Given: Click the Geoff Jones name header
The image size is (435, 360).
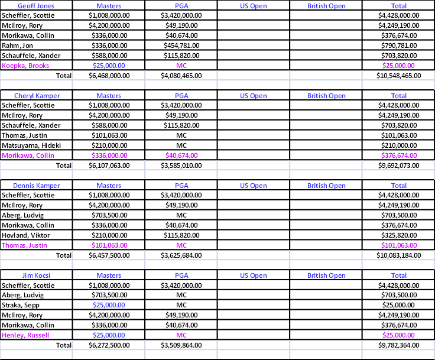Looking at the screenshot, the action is (36, 6).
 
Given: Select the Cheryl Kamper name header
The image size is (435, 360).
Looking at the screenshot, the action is (37, 96).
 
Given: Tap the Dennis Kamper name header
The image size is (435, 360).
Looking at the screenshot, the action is (36, 186).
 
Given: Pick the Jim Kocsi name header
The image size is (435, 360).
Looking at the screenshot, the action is (36, 275).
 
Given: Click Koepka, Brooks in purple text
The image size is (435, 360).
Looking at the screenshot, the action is (25, 66).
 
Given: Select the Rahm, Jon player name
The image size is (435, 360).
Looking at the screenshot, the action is (17, 46).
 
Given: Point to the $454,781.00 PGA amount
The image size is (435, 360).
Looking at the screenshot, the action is (181, 46).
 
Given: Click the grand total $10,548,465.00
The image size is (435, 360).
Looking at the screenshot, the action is (399, 76).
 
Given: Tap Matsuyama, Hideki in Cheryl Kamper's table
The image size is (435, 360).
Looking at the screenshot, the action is (31, 145).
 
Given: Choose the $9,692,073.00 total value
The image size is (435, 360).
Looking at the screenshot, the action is (399, 166).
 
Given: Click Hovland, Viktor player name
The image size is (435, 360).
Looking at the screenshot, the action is (26, 235).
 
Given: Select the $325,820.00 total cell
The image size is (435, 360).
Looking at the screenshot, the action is (399, 235).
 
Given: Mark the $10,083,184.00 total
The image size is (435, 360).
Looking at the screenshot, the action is (399, 255).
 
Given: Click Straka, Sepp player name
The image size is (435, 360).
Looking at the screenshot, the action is (21, 305).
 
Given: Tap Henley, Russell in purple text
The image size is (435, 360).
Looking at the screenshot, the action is (25, 335).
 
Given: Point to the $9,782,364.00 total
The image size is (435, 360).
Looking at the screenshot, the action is (399, 345).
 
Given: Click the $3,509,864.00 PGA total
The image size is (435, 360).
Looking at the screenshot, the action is (181, 345).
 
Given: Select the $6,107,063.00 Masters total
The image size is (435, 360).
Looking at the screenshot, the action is (109, 166).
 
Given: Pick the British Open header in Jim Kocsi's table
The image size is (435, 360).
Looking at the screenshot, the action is (326, 275).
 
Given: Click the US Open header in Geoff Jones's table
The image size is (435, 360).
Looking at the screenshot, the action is (254, 6).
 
